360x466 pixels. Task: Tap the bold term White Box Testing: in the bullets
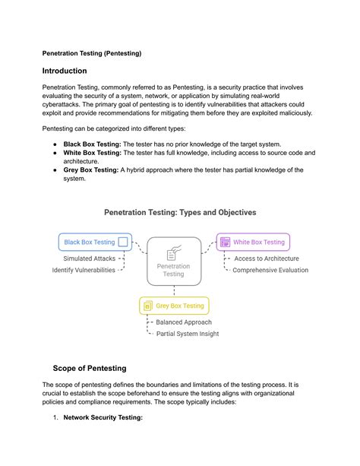(x=96, y=153)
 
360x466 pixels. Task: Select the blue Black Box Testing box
(x=95, y=243)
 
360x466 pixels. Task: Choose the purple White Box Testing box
(x=253, y=243)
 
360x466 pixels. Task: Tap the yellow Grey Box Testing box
(x=174, y=306)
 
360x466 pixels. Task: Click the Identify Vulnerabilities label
(x=84, y=270)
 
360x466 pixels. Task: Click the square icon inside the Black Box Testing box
(x=123, y=243)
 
